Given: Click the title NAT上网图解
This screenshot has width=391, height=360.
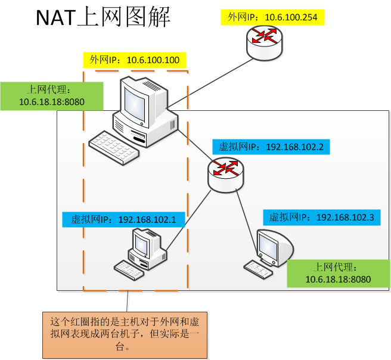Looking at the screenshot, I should pyautogui.click(x=103, y=18).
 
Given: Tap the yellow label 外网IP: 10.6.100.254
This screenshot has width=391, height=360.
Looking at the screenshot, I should pyautogui.click(x=274, y=17).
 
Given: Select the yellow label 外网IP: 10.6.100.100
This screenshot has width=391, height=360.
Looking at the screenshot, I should pyautogui.click(x=134, y=60).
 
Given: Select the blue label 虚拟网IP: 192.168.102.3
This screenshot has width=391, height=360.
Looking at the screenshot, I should pyautogui.click(x=321, y=218).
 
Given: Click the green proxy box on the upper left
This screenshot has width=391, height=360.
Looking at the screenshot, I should pyautogui.click(x=51, y=96).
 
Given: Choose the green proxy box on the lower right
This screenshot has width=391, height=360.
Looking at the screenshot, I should pyautogui.click(x=338, y=273).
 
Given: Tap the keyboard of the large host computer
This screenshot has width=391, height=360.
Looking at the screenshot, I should pyautogui.click(x=113, y=145).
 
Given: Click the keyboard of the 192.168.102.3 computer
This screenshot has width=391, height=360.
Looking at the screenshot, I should pyautogui.click(x=258, y=269).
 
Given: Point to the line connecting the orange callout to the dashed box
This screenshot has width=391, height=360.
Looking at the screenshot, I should pyautogui.click(x=129, y=301).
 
